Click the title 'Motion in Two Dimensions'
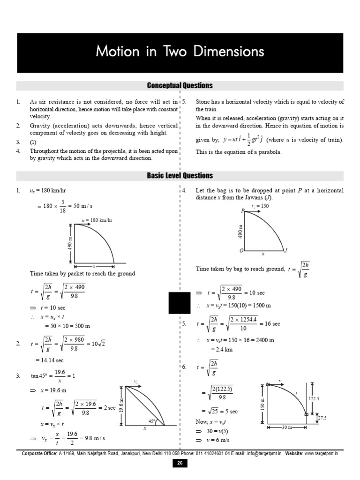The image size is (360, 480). tap(180, 51)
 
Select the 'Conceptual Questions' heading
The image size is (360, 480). tap(180, 85)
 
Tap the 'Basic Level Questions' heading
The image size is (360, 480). tap(180, 175)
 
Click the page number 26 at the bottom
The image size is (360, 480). tap(180, 463)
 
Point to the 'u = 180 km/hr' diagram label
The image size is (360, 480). tap(97, 220)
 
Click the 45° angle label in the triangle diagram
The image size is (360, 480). tap(152, 421)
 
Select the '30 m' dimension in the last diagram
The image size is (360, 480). tap(287, 427)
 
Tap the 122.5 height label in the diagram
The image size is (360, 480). tap(314, 398)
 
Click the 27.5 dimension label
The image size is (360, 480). tap(322, 418)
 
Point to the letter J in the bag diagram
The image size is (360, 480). tap(285, 250)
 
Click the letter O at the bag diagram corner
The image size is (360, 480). tap(241, 250)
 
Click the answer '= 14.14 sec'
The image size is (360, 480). tap(50, 360)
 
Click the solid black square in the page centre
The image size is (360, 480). tap(180, 302)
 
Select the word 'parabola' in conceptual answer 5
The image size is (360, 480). tap(269, 152)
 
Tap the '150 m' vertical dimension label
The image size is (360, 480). tap(262, 403)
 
